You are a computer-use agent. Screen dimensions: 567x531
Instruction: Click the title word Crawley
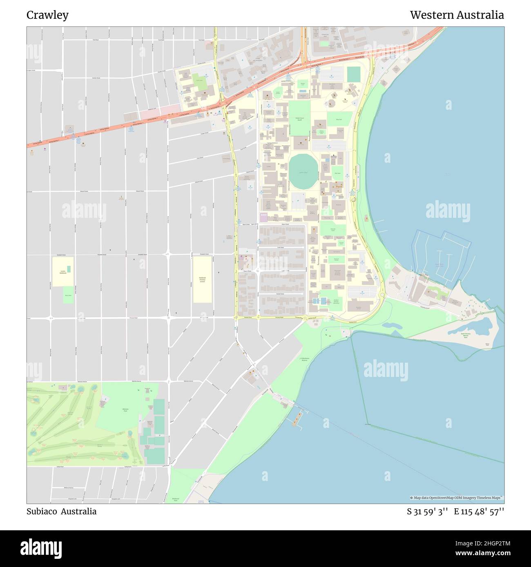click(x=47, y=15)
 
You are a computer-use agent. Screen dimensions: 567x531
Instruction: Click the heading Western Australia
click(x=457, y=15)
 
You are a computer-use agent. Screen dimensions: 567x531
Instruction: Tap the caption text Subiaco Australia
click(x=61, y=512)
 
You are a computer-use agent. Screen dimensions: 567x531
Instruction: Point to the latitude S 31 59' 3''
click(x=427, y=512)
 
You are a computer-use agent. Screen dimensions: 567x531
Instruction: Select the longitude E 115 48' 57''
click(x=479, y=512)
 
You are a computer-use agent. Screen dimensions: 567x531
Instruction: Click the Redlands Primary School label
click(x=202, y=279)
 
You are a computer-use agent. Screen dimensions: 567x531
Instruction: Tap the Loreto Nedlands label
click(x=62, y=272)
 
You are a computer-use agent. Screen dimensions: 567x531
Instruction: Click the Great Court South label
click(x=299, y=119)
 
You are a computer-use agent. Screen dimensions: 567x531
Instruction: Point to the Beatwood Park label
click(x=176, y=499)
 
